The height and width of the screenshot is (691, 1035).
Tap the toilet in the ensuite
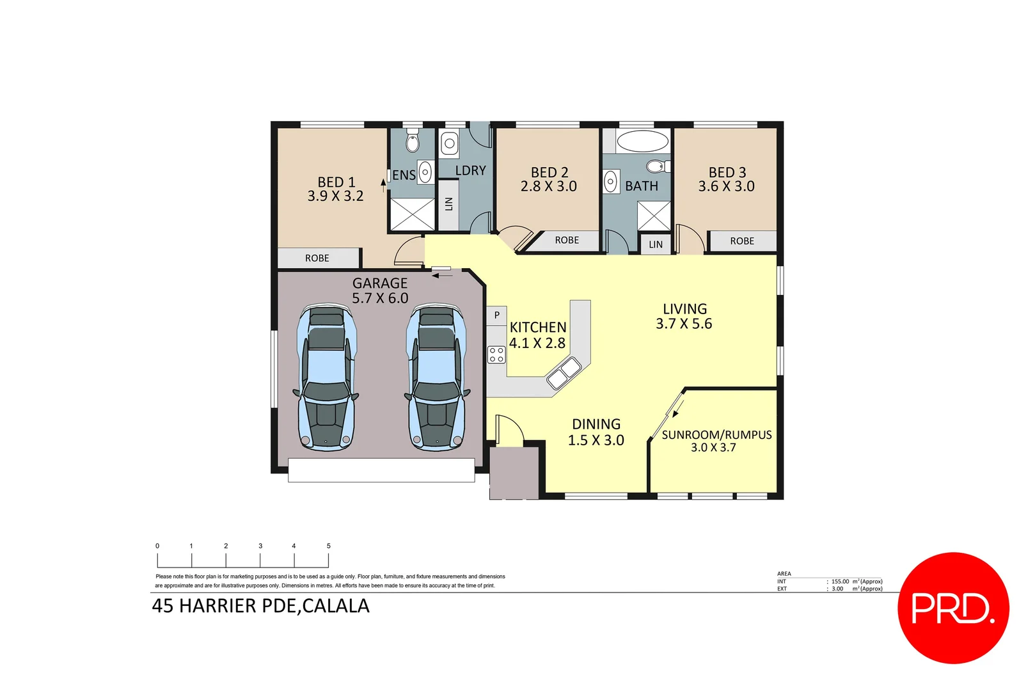pos(413,141)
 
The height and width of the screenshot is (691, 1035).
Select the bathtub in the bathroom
pos(642,141)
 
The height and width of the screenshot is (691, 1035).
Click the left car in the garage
pos(326,377)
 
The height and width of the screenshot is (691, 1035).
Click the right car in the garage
pos(437,377)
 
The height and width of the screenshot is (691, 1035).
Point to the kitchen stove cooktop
pos(496,354)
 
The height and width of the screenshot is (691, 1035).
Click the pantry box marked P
pos(496,315)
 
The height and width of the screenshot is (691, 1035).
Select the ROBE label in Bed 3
pos(742,241)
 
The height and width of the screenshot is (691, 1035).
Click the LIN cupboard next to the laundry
pos(448,204)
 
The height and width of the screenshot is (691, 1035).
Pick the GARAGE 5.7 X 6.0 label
pos(380,290)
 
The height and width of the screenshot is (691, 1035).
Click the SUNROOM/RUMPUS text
pos(716,435)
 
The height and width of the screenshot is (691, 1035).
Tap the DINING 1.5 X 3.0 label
pos(596,432)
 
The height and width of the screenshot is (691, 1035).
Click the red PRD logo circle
pos(953,608)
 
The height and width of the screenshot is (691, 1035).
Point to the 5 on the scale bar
pos(329,546)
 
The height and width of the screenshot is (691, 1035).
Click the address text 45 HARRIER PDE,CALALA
pos(260,606)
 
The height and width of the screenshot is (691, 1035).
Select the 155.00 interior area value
pos(840,582)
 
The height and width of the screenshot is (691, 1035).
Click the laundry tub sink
pos(450,144)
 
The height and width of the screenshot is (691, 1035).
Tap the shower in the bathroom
pos(654,216)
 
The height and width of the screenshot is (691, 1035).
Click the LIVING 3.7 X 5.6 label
pos(684,316)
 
